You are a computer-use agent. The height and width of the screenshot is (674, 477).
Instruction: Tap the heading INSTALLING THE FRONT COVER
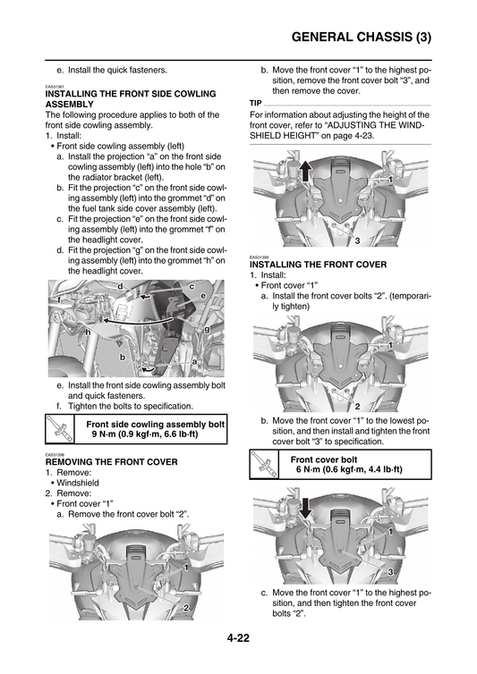(318, 265)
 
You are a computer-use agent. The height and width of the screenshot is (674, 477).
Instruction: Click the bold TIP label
(256, 103)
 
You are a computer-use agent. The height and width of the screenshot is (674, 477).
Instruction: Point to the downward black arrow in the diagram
(305, 509)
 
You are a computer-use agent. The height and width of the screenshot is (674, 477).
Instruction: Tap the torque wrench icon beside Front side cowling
(60, 430)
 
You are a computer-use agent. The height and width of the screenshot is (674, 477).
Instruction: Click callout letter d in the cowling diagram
(119, 284)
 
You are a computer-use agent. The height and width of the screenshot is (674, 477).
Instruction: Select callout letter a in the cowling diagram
(194, 361)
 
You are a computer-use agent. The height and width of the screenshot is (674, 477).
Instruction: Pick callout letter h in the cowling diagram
(88, 332)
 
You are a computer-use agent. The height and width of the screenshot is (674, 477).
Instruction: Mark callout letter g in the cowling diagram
(207, 329)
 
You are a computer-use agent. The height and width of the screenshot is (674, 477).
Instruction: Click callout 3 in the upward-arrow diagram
(357, 241)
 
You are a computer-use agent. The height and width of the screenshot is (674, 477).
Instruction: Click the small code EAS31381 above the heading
(56, 87)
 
